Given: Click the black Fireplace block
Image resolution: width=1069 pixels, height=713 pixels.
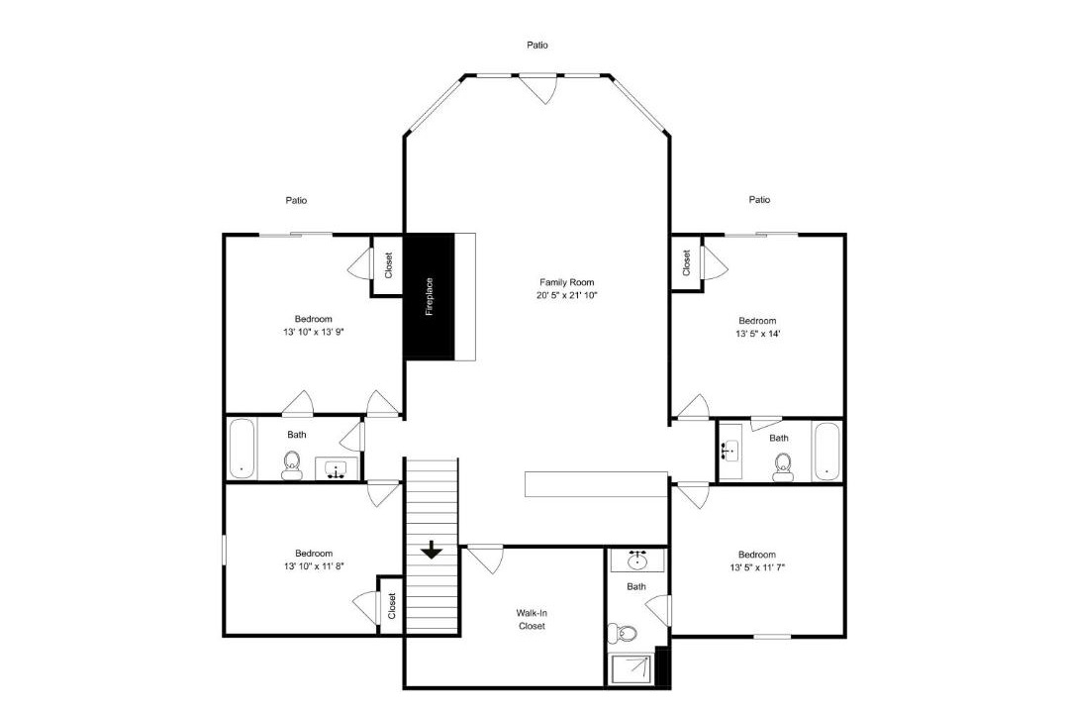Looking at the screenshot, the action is [x=431, y=297].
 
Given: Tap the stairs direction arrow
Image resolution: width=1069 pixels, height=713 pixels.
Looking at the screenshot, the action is [x=432, y=550].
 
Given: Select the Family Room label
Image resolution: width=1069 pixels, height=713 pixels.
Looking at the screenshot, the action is [x=566, y=282].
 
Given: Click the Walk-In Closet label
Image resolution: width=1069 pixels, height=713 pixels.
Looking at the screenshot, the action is [x=532, y=620].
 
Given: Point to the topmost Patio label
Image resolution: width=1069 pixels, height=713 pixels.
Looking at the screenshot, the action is [x=537, y=45].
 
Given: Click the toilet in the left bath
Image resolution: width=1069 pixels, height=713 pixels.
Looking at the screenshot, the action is [x=292, y=465].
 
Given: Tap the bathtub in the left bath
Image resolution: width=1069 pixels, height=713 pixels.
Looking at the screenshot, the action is [x=243, y=449].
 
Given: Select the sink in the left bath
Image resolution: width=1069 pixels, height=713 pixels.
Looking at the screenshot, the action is [x=336, y=468].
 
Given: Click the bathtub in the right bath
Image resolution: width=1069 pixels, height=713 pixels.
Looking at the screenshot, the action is [x=827, y=452].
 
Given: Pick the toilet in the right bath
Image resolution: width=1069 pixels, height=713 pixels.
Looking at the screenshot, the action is [x=783, y=467].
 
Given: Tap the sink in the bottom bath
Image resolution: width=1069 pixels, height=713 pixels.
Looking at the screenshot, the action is [x=637, y=560].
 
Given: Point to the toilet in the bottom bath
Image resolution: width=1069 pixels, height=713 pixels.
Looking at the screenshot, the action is [x=622, y=634].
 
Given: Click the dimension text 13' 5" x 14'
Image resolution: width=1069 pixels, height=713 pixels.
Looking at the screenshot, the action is [x=757, y=334].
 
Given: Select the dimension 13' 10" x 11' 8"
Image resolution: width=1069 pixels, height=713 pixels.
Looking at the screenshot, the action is [x=314, y=566].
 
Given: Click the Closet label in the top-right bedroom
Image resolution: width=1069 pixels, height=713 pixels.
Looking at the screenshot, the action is [x=687, y=262].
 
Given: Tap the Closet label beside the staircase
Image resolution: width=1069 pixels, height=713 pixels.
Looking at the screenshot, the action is [x=392, y=606].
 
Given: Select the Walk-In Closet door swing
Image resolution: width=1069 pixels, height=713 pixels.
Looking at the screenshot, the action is [x=485, y=560].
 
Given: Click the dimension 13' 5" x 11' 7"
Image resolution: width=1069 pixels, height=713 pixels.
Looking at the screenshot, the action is [x=757, y=567].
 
